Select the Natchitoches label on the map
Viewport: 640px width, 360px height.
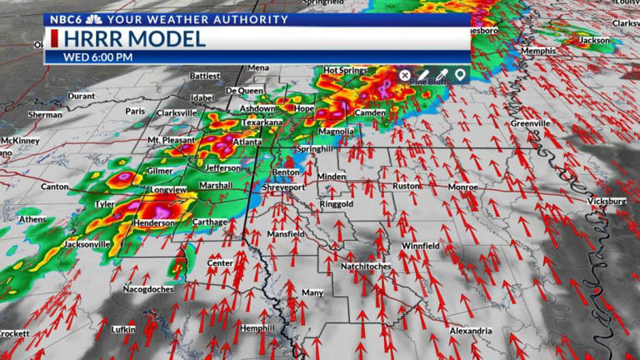tap(366, 266)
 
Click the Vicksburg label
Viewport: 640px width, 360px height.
tap(606, 202)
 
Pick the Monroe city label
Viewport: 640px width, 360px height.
tap(463, 187)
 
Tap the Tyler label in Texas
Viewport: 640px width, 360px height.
tap(105, 204)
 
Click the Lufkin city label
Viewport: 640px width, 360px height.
tap(122, 330)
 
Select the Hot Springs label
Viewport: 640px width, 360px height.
tap(343, 70)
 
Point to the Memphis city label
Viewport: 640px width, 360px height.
tap(537, 52)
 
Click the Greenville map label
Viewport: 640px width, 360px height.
tap(531, 123)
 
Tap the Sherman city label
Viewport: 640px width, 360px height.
tap(45, 114)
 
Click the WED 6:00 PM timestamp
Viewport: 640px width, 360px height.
tap(99, 57)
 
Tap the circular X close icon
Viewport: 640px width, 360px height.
tap(405, 75)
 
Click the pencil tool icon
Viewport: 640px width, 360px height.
tap(423, 75)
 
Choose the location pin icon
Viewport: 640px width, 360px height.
tap(459, 75)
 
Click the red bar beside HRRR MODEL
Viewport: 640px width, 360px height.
tap(54, 38)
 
